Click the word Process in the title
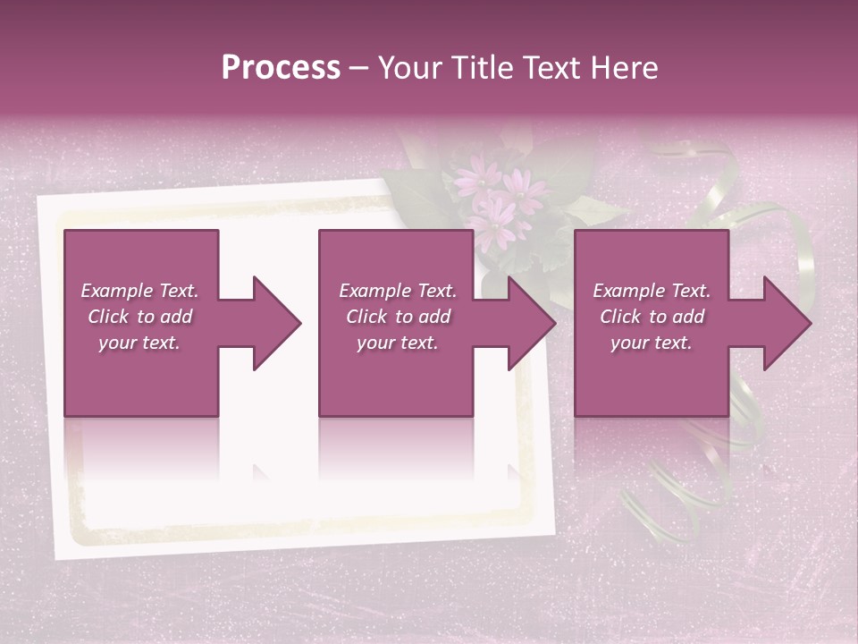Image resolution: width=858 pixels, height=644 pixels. pos(281,68)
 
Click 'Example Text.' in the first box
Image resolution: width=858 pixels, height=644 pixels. pos(139,291)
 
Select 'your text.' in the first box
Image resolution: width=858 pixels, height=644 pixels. pos(139,343)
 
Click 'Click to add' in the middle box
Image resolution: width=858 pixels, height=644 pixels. pos(398,317)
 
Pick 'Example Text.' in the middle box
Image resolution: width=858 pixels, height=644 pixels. pos(398,291)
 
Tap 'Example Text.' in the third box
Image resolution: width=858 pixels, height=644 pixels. pos(652,291)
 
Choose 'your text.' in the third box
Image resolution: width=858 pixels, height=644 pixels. pos(652,343)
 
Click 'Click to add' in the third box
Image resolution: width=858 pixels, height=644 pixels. pos(652,317)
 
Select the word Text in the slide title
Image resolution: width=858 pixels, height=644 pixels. pos(554,68)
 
